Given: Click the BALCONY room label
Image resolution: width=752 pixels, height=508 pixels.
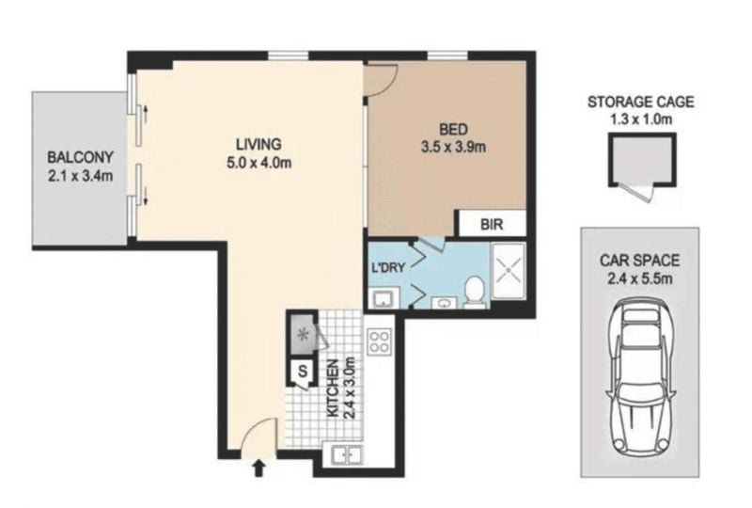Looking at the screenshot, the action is pyautogui.click(x=80, y=157).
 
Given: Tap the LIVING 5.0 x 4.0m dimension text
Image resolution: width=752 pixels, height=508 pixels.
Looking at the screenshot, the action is pyautogui.click(x=259, y=164).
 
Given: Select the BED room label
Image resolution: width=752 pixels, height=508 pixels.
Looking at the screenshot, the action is pyautogui.click(x=453, y=129).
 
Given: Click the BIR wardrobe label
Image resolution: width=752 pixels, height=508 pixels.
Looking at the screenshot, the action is pyautogui.click(x=492, y=224).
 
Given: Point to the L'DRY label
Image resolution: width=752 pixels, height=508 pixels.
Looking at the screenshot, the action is pyautogui.click(x=388, y=267).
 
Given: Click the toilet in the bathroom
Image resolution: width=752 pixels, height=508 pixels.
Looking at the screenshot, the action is pyautogui.click(x=475, y=292).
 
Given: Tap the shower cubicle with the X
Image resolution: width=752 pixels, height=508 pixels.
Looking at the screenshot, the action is pyautogui.click(x=509, y=269).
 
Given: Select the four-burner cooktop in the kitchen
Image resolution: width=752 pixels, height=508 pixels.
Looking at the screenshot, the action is pyautogui.click(x=379, y=341).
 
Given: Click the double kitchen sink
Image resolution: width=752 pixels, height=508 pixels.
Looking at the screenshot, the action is pyautogui.click(x=348, y=454).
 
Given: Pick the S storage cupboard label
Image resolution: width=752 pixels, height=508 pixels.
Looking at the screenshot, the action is pyautogui.click(x=303, y=371).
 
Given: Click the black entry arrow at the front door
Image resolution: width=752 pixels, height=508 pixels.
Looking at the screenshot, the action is pyautogui.click(x=258, y=468).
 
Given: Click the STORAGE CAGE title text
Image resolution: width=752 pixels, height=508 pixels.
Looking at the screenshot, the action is pyautogui.click(x=641, y=102).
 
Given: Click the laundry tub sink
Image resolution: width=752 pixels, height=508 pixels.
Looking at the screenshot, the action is pyautogui.click(x=384, y=298).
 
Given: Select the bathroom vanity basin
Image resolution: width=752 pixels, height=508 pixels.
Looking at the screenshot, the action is pyautogui.click(x=445, y=303).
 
